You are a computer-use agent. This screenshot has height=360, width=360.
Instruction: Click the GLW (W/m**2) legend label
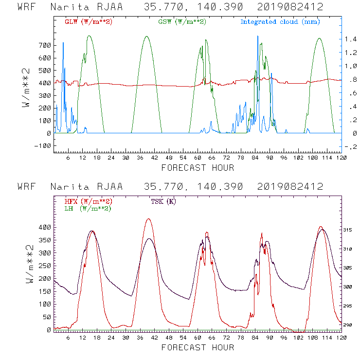[86, 22]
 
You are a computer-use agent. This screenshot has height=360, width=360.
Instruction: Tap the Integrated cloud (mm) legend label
[280, 22]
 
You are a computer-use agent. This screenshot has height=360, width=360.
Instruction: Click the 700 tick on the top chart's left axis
[45, 45]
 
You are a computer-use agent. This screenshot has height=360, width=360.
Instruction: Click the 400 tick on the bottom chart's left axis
[45, 227]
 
